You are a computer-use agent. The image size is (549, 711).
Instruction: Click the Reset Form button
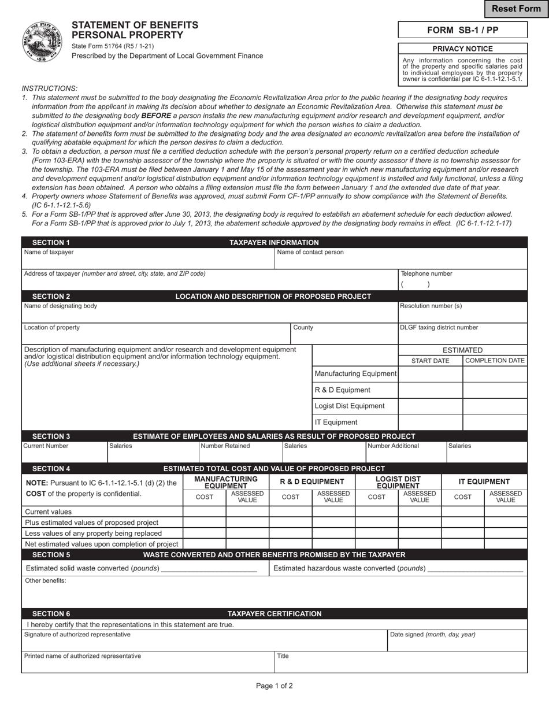click(x=516, y=9)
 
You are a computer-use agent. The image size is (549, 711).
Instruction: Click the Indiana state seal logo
click(x=42, y=42)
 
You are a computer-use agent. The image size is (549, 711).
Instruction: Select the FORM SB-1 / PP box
click(x=462, y=30)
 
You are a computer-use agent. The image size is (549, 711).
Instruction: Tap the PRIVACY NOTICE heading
click(x=462, y=49)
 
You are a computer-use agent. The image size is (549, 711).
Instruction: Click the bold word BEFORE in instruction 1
click(x=156, y=116)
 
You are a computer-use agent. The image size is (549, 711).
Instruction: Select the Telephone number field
click(x=462, y=284)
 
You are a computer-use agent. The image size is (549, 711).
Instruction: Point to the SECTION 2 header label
click(x=51, y=297)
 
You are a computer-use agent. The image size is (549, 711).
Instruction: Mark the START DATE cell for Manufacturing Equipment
click(x=431, y=374)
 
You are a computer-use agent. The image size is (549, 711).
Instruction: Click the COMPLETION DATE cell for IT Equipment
click(x=495, y=423)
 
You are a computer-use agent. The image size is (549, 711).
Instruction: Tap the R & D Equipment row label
click(x=343, y=390)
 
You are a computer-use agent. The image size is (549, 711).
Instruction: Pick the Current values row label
click(x=49, y=512)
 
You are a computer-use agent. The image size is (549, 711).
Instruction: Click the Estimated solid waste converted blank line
click(x=209, y=569)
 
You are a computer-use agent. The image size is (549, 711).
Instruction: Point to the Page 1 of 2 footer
click(x=274, y=686)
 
